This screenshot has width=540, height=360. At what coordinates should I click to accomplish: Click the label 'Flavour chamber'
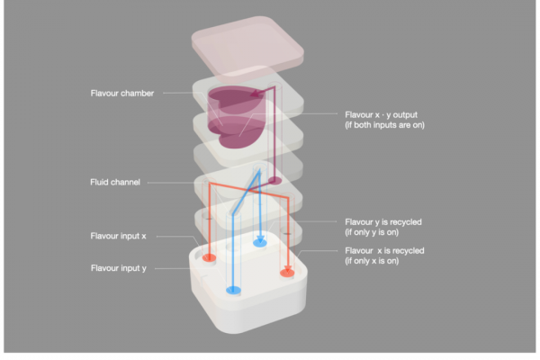pyautogui.click(x=121, y=94)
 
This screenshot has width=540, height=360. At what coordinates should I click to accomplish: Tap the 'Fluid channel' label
pyautogui.click(x=115, y=182)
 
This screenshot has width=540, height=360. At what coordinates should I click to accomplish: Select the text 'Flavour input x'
pyautogui.click(x=118, y=236)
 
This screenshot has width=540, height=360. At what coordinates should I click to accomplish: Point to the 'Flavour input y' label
pyautogui.click(x=119, y=268)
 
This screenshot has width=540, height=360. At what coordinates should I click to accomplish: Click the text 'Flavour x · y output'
pyautogui.click(x=381, y=114)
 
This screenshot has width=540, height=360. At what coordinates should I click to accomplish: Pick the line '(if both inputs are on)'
pyautogui.click(x=384, y=125)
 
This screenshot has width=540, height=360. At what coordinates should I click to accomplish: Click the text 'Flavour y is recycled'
pyautogui.click(x=383, y=222)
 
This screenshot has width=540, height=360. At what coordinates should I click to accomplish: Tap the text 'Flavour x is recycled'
pyautogui.click(x=384, y=250)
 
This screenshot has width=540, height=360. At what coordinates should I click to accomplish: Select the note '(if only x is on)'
pyautogui.click(x=372, y=261)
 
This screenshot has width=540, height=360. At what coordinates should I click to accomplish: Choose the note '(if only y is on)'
pyautogui.click(x=372, y=232)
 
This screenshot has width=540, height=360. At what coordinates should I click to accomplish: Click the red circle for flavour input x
pyautogui.click(x=209, y=257)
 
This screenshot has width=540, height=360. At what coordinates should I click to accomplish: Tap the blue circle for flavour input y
pyautogui.click(x=233, y=290)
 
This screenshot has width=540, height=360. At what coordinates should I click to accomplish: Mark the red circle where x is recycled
pyautogui.click(x=287, y=274)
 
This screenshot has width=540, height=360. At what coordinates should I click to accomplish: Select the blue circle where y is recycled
pyautogui.click(x=260, y=243)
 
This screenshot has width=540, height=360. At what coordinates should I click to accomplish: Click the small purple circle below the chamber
pyautogui.click(x=274, y=180)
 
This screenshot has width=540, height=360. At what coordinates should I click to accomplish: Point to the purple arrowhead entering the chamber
pyautogui.click(x=256, y=93)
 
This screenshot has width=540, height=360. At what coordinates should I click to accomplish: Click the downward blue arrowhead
pyautogui.click(x=260, y=238)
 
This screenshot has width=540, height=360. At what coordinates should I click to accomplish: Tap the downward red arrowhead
pyautogui.click(x=288, y=269)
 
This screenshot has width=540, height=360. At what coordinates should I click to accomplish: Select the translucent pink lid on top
pyautogui.click(x=247, y=46)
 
